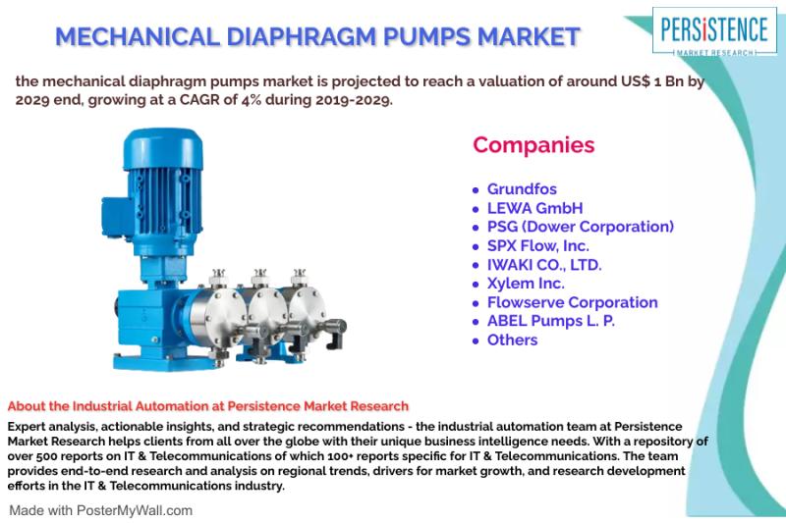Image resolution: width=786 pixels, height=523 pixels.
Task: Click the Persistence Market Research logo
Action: pyautogui.click(x=714, y=31)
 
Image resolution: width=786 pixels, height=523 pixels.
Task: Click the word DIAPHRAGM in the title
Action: pyautogui.click(x=301, y=36)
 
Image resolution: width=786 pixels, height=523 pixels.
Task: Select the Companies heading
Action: pyautogui.click(x=533, y=144)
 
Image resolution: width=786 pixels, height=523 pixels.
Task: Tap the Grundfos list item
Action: pyautogui.click(x=522, y=189)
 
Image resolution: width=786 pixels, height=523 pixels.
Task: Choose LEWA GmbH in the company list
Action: pyautogui.click(x=534, y=208)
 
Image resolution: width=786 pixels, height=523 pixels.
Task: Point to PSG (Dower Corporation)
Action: pyautogui.click(x=581, y=227)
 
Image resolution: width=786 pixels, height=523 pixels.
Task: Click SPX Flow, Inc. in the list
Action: pyautogui.click(x=537, y=245)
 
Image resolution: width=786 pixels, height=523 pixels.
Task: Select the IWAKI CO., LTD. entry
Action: pyautogui.click(x=544, y=265)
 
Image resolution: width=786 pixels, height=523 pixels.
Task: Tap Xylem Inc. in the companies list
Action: pyautogui.click(x=526, y=284)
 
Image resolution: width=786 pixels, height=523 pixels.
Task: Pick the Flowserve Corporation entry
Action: pyautogui.click(x=573, y=302)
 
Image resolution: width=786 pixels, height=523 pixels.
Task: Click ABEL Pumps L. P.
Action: pyautogui.click(x=551, y=321)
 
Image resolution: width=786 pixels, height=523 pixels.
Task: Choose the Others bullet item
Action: pyautogui.click(x=512, y=340)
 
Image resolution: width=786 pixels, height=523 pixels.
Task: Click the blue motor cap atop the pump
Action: pyautogui.click(x=163, y=148)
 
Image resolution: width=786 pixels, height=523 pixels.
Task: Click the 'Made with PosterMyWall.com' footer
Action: pyautogui.click(x=101, y=510)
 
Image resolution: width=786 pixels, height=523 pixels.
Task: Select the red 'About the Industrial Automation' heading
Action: pyautogui.click(x=208, y=406)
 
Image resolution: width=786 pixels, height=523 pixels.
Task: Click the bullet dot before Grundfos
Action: pyautogui.click(x=476, y=190)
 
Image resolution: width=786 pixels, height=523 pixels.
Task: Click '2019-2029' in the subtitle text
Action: pyautogui.click(x=354, y=99)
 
